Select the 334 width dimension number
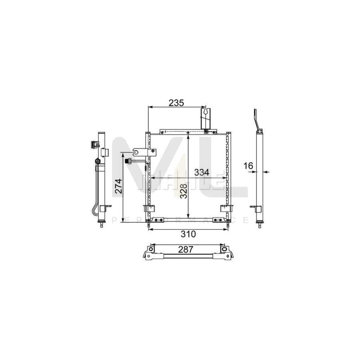(202, 172)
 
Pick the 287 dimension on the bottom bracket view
(186, 249)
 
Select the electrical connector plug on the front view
(129, 161)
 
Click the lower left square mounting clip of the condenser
(148, 208)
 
